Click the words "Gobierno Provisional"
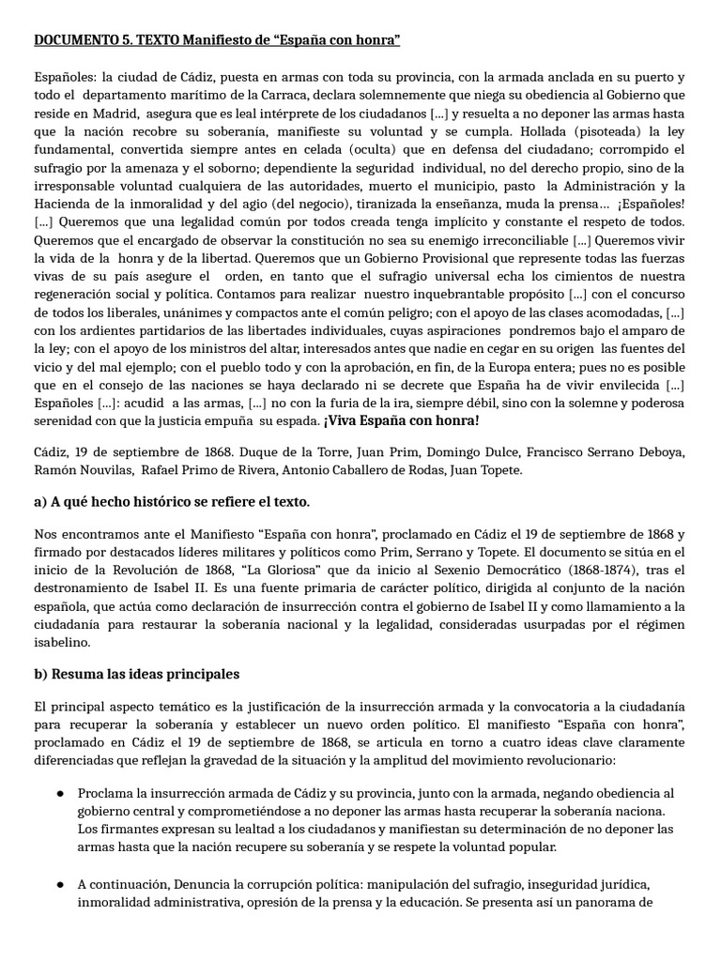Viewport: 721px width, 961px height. tap(385, 257)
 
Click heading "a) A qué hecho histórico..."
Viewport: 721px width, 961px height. tap(172, 502)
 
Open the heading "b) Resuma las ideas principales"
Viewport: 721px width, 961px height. tap(137, 674)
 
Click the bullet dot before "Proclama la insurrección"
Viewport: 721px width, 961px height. tap(59, 794)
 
